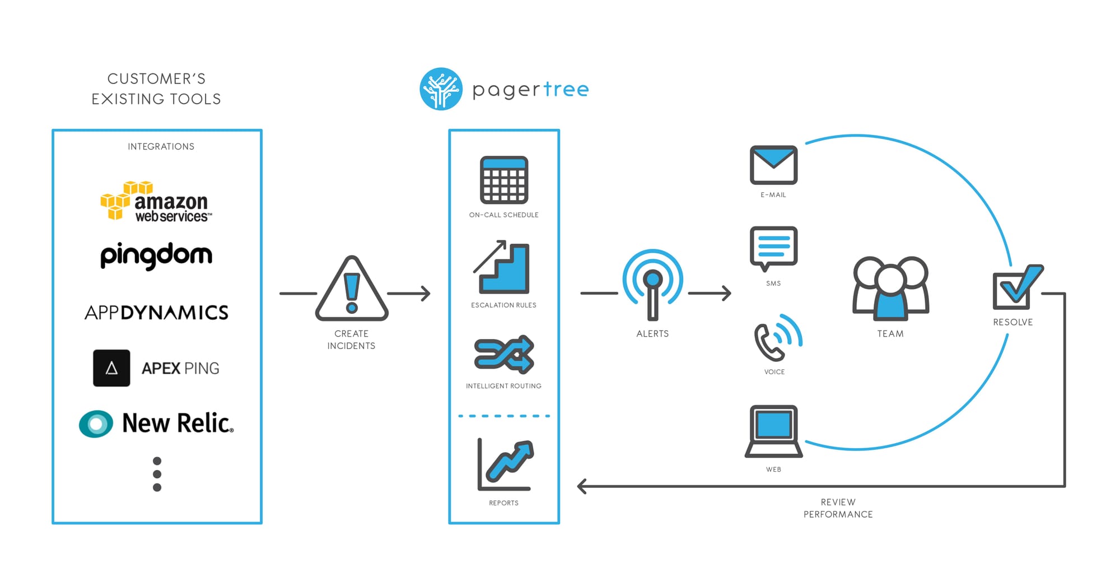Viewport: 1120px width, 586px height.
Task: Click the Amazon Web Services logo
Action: click(156, 202)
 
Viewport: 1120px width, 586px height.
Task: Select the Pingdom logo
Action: click(156, 255)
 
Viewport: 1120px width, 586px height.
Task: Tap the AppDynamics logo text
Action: click(156, 312)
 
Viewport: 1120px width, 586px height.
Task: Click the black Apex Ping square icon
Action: click(111, 368)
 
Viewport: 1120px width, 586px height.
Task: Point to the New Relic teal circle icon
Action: click(96, 424)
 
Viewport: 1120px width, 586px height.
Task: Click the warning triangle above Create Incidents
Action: click(352, 289)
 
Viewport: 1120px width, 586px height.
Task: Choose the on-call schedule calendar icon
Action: click(504, 180)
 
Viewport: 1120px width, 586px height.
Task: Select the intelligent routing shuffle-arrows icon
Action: click(504, 354)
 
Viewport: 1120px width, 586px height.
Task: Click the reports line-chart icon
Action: click(505, 464)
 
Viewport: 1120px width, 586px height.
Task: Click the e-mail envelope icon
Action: click(773, 165)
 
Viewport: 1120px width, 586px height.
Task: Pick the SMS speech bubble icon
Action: click(773, 248)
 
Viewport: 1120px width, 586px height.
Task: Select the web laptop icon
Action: click(773, 431)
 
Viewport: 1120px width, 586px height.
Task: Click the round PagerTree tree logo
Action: click(441, 89)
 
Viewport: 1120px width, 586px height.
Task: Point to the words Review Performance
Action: click(838, 508)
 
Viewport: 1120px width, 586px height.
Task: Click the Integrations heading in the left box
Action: click(161, 147)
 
